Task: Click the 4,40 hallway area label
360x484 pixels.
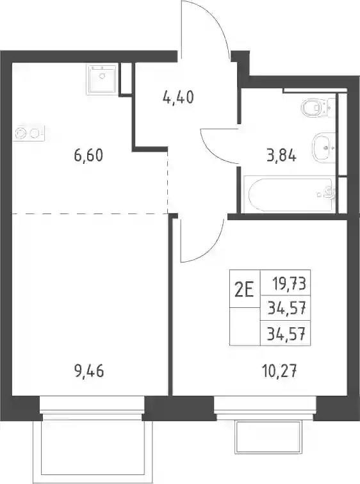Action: (178, 97)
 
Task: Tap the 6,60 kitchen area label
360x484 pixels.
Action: (88, 155)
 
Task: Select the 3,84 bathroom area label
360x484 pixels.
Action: (282, 156)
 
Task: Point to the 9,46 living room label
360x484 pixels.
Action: (89, 371)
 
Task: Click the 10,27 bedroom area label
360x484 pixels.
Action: (279, 371)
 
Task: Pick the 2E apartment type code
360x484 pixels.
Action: (244, 290)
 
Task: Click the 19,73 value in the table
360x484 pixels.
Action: (289, 283)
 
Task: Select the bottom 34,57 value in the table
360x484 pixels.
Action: (286, 334)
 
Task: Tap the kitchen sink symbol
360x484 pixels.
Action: (102, 79)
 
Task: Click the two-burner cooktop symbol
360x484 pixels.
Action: (29, 133)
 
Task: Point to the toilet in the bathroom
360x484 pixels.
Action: (318, 108)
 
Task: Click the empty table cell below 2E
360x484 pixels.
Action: (245, 327)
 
